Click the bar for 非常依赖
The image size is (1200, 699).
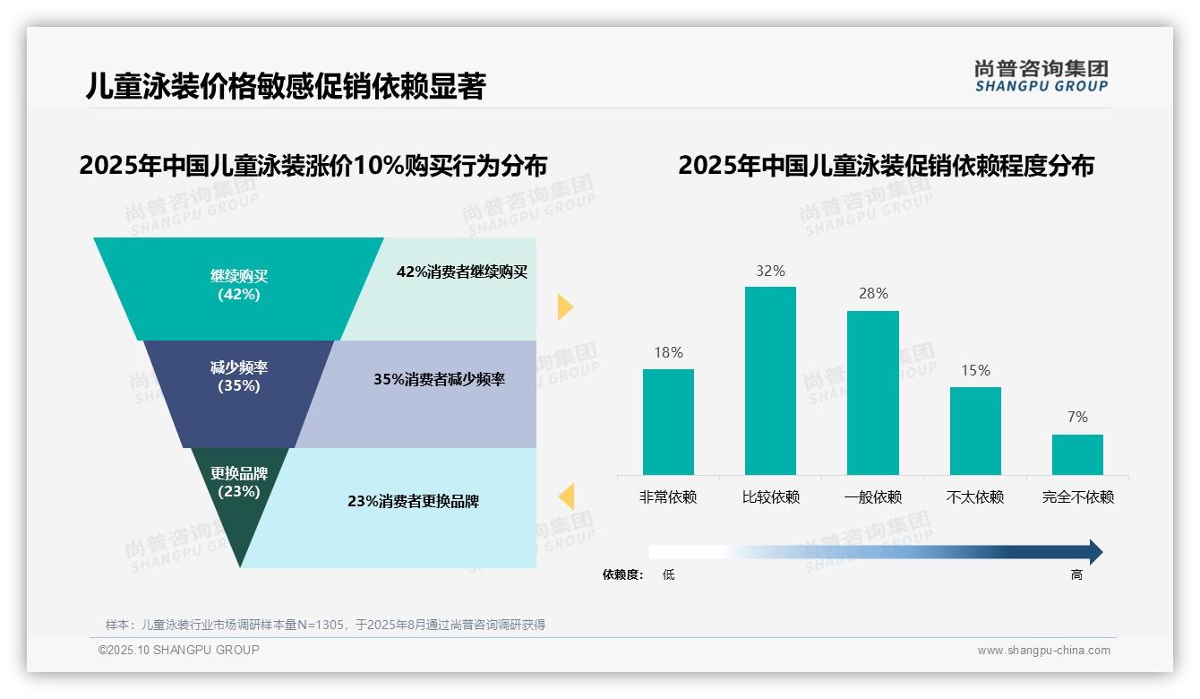(x=668, y=421)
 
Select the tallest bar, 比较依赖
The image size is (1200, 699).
(x=770, y=380)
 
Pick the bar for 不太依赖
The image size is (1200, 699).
(x=975, y=430)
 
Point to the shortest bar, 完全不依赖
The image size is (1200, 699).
(x=1077, y=454)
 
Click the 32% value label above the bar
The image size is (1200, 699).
(x=770, y=271)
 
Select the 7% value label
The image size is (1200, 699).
(x=1077, y=417)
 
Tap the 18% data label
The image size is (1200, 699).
(x=668, y=352)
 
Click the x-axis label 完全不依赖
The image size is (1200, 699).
(x=1077, y=497)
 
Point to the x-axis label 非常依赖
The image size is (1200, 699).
(x=668, y=497)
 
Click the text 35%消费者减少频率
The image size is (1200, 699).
(x=439, y=379)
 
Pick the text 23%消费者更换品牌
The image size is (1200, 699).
(x=413, y=501)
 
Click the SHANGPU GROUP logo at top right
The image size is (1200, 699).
(x=1041, y=76)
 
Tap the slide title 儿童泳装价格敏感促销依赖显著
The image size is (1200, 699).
(x=286, y=86)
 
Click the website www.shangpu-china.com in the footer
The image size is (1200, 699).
(x=1043, y=651)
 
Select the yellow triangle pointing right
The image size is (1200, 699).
(x=564, y=306)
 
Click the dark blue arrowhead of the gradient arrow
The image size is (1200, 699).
(x=1095, y=552)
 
